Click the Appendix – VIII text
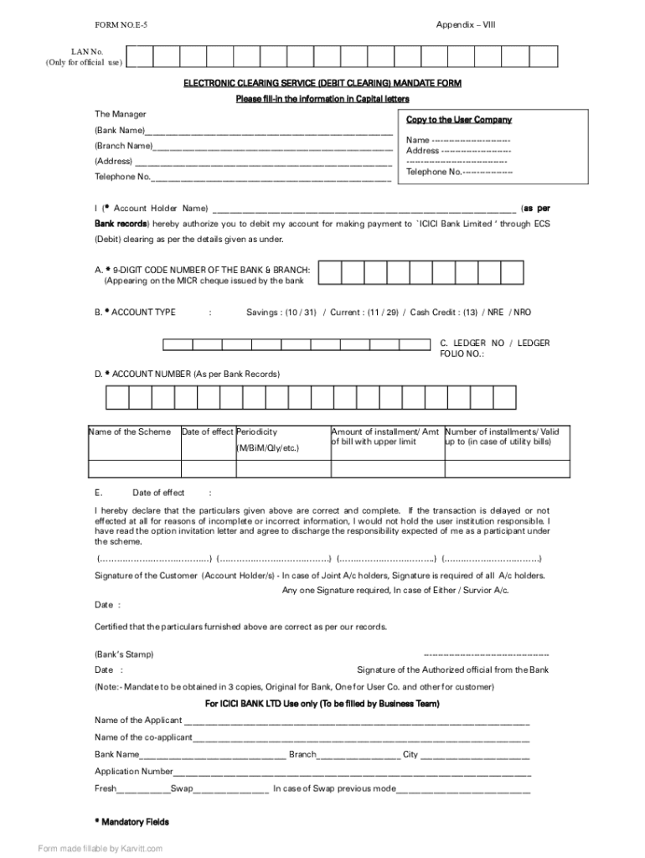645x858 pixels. pyautogui.click(x=465, y=26)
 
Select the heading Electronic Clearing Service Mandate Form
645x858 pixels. pyautogui.click(x=322, y=84)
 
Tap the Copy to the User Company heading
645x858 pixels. pyautogui.click(x=458, y=120)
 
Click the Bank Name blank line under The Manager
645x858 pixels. pyautogui.click(x=268, y=132)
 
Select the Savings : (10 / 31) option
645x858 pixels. pyautogui.click(x=281, y=313)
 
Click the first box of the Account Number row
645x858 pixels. pyautogui.click(x=116, y=396)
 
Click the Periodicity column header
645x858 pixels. pyautogui.click(x=257, y=432)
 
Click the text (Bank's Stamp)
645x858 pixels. pyautogui.click(x=124, y=654)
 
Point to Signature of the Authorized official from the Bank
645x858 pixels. pyautogui.click(x=452, y=670)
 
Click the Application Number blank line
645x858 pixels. pyautogui.click(x=352, y=772)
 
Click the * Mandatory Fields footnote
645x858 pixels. pyautogui.click(x=132, y=822)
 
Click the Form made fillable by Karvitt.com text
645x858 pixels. pyautogui.click(x=101, y=849)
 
